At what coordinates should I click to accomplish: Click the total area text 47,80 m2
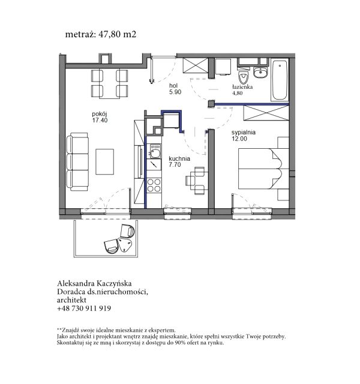point(117,34)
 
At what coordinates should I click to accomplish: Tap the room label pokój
point(100,114)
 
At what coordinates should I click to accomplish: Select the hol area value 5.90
point(175,92)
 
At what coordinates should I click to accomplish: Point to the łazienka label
point(242,86)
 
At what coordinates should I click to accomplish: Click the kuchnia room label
point(179,158)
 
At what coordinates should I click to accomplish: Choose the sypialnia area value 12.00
point(239,139)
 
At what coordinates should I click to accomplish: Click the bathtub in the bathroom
point(280,80)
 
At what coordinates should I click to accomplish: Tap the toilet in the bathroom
point(244,76)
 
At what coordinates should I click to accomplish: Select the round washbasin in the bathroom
point(260,72)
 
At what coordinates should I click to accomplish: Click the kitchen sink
point(155,151)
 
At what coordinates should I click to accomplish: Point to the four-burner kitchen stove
point(154,185)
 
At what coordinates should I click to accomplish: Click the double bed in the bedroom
point(263,169)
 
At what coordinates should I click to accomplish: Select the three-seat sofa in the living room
point(77,162)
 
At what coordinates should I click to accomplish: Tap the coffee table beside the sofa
point(104,161)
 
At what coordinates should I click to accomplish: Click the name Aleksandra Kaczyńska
point(94,283)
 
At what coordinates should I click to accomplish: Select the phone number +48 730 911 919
point(84,308)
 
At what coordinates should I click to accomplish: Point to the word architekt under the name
point(71,300)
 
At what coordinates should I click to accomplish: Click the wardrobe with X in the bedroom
point(266,113)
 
